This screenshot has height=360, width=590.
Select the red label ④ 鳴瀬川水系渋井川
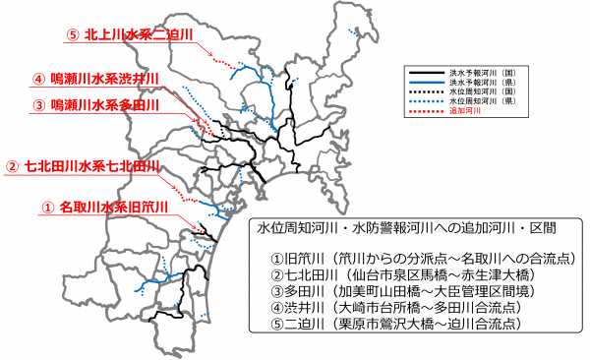click(x=101, y=79)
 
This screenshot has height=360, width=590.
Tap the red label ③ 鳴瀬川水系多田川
click(x=101, y=104)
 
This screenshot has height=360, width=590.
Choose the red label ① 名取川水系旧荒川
click(x=105, y=208)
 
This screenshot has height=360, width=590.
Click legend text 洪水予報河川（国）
click(x=484, y=73)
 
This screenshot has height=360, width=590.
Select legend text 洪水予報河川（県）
click(x=484, y=84)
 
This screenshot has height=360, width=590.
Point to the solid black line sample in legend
click(x=426, y=73)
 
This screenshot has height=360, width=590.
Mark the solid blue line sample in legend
click(x=426, y=84)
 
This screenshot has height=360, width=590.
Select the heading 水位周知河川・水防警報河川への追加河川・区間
click(x=403, y=228)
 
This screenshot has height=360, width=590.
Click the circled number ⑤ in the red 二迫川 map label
click(x=72, y=34)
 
